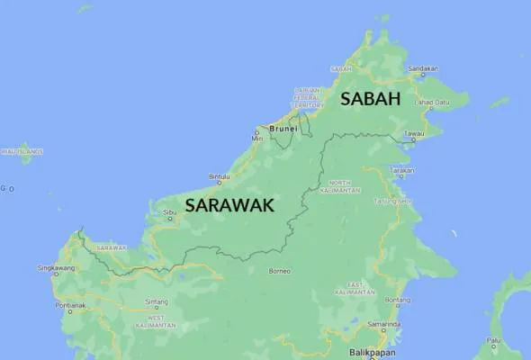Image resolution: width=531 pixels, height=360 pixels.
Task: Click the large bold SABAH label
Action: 369,99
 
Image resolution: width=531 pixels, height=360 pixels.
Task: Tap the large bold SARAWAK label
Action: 229,205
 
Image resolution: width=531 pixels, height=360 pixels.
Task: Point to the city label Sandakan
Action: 423,68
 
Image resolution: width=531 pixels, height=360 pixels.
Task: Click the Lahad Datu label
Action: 429,103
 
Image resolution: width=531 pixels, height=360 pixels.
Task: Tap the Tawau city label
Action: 414,134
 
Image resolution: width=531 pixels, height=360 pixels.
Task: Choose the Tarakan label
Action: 401,169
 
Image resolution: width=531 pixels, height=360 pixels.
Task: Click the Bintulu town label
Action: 219,176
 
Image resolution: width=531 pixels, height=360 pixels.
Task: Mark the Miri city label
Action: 256,138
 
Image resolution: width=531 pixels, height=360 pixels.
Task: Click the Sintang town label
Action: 156,301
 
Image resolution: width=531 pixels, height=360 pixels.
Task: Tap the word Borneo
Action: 279,270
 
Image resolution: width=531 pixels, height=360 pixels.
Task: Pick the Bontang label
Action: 398,300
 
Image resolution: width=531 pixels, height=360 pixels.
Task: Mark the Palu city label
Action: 494,340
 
